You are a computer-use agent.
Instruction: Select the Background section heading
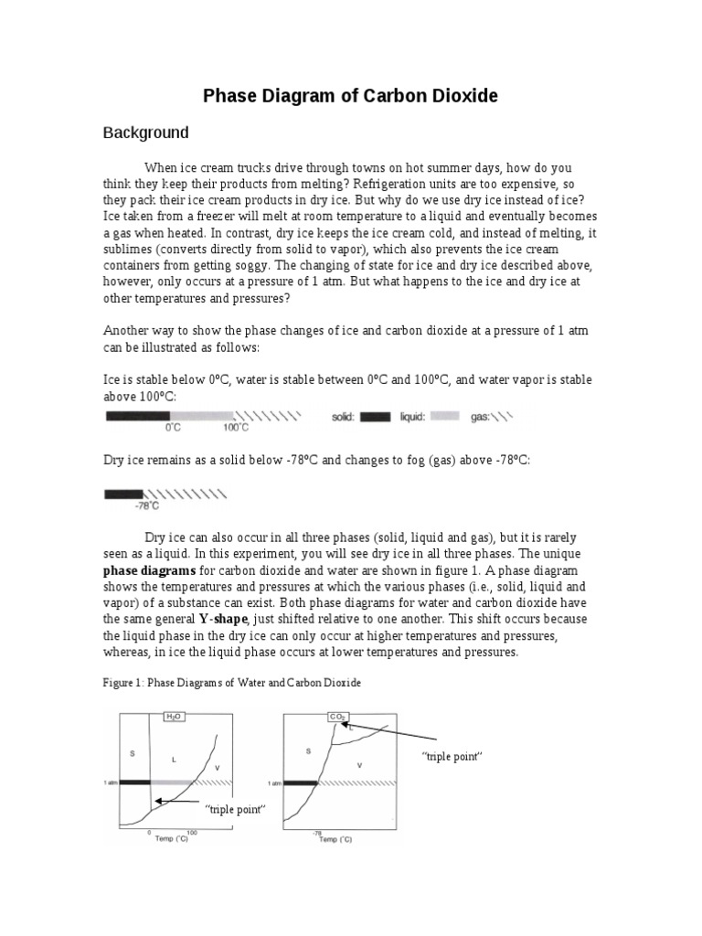pyautogui.click(x=144, y=133)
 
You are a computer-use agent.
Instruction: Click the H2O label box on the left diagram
pyautogui.click(x=174, y=718)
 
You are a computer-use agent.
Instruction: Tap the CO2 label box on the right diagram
pyautogui.click(x=337, y=718)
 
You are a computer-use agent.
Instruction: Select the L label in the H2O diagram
pyautogui.click(x=173, y=758)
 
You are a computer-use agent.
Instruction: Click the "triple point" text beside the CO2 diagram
pyautogui.click(x=451, y=757)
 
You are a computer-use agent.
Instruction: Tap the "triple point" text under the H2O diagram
pyautogui.click(x=235, y=810)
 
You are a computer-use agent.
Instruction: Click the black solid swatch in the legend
pyautogui.click(x=374, y=418)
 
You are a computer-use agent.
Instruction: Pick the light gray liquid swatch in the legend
pyautogui.click(x=444, y=418)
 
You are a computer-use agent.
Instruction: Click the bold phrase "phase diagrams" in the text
pyautogui.click(x=144, y=570)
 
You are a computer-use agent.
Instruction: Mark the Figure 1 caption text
pyautogui.click(x=232, y=681)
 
